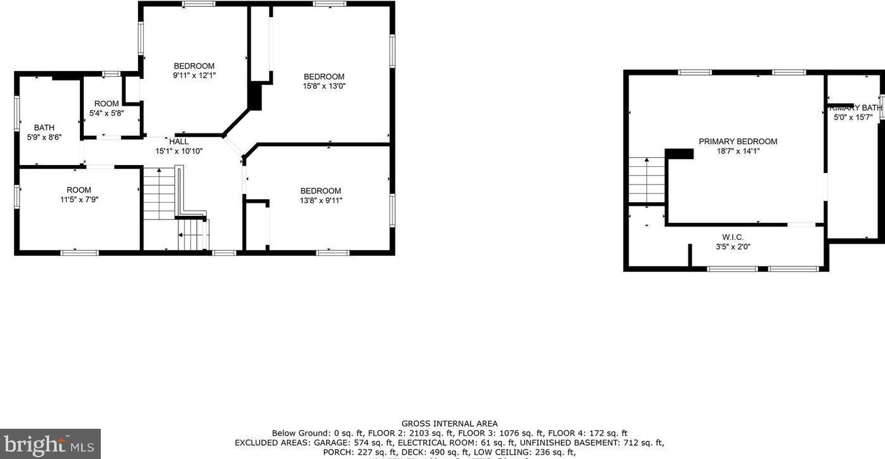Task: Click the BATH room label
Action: point(44,128)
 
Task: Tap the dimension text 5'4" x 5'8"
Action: point(106,113)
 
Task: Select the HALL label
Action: point(179,142)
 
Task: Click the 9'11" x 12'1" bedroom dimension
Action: point(194,76)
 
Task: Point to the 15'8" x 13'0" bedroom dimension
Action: point(324,86)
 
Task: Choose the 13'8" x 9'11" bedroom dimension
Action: point(321,201)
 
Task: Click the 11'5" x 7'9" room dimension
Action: point(79,200)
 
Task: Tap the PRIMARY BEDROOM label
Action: point(738,142)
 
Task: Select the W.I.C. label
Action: point(733,237)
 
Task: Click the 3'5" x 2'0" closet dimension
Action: point(733,247)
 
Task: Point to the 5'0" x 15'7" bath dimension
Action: point(857,117)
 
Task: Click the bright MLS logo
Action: point(50,445)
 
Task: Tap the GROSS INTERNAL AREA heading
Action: point(449,424)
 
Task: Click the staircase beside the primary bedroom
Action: point(646,180)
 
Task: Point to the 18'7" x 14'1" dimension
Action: point(738,151)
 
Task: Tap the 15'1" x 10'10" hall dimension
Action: point(179,151)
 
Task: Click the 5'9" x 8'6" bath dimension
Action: point(44,137)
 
